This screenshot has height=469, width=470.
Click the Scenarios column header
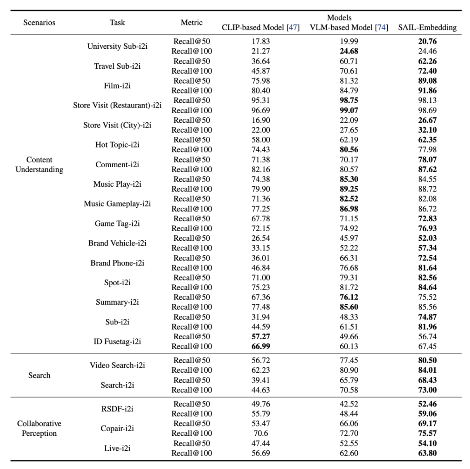pos(39,23)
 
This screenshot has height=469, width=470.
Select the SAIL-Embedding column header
pos(427,28)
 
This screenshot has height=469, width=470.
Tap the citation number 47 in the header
pos(292,28)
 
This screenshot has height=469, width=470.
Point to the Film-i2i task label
pos(117,86)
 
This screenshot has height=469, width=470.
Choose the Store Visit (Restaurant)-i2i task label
pos(117,105)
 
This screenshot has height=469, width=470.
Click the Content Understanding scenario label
pos(39,165)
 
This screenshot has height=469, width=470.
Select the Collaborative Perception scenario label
pos(39,429)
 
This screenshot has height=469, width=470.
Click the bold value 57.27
pos(261,337)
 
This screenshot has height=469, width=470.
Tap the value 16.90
pos(261,120)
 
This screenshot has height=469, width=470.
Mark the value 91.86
pos(427,91)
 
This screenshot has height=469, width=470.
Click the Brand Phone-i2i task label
pos(117,263)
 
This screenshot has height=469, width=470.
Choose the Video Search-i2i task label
pos(117,365)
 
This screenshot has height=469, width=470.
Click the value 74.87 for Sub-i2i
pos(427,317)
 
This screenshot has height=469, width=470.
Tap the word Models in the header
pos(339,18)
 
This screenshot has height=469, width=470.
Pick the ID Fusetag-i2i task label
pos(117,341)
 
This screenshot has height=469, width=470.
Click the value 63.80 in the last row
pos(427,453)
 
